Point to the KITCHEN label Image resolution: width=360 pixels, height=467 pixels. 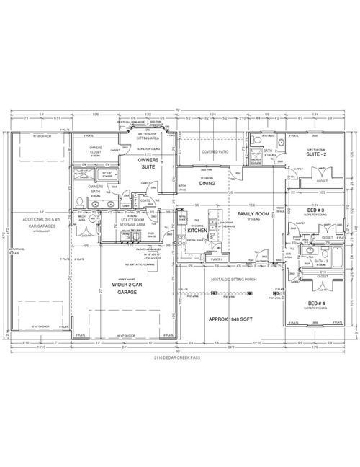[x=197, y=231]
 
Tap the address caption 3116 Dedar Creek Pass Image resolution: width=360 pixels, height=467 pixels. [x=179, y=356]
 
